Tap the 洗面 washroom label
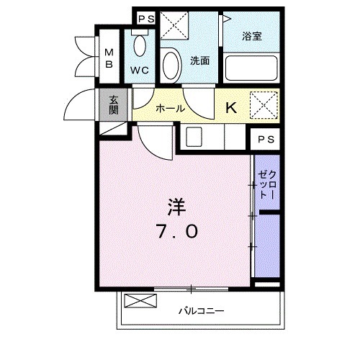coord(199,60)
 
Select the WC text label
coord(140,71)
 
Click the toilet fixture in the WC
coord(140,48)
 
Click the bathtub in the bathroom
coord(249,69)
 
